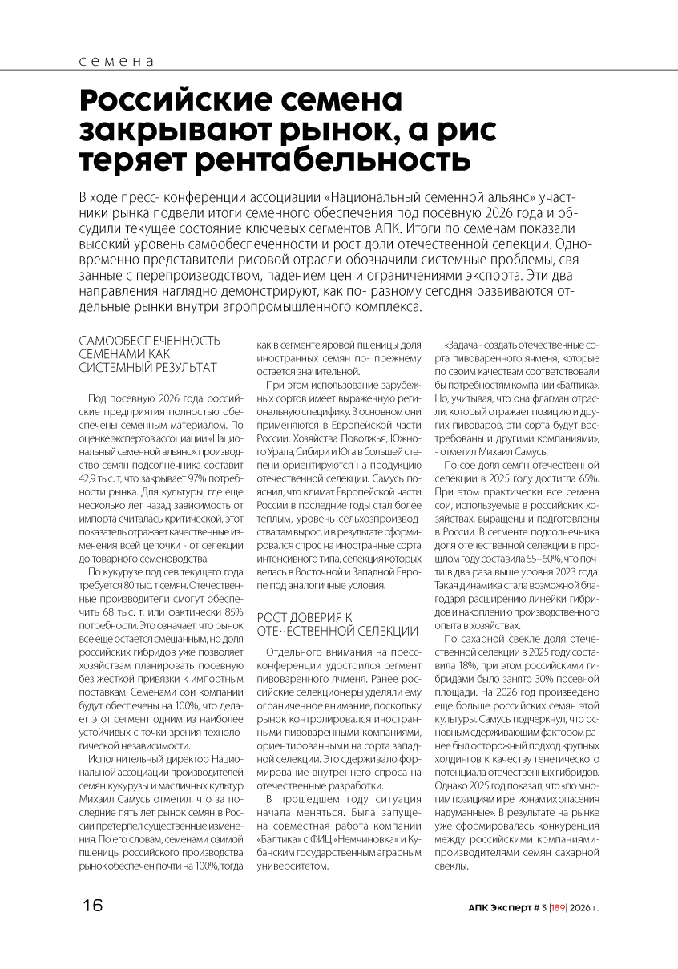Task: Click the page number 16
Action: tap(92, 906)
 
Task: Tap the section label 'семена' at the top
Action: tap(116, 62)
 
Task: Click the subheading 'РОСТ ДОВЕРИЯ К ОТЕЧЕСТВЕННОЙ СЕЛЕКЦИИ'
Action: tap(337, 624)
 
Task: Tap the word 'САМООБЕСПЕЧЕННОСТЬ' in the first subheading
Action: tap(149, 340)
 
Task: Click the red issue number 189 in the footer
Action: tap(559, 909)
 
